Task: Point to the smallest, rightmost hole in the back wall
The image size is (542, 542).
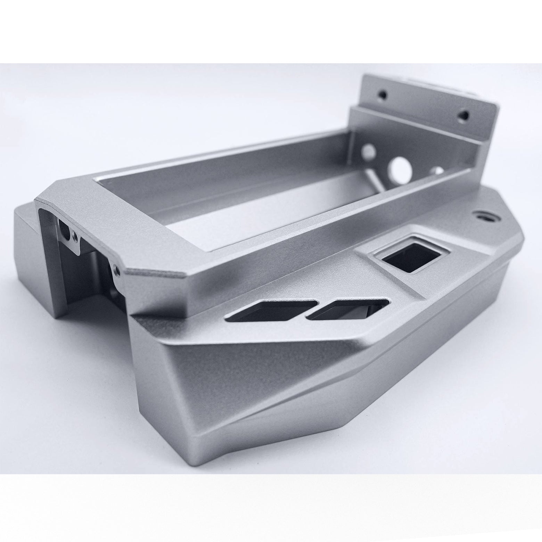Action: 439,171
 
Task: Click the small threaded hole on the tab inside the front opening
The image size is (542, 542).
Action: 74,237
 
